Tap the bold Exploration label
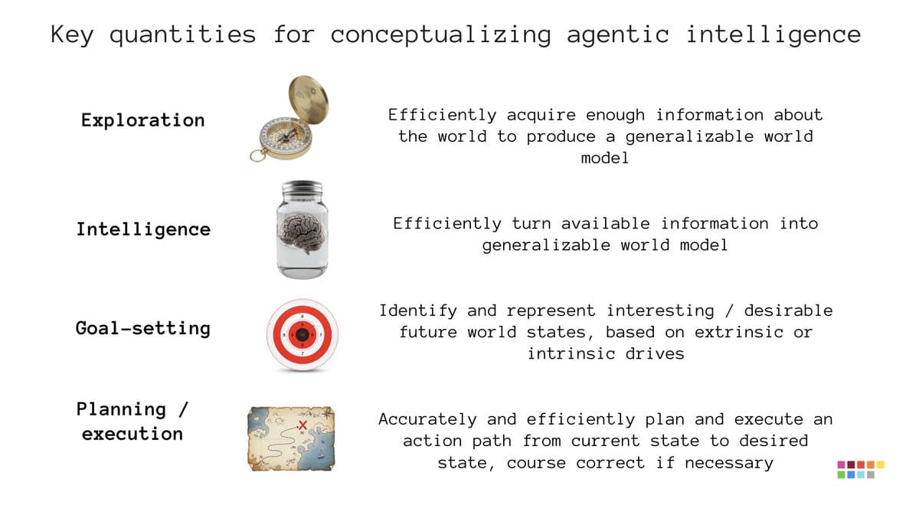(143, 120)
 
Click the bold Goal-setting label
(143, 328)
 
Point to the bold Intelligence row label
(143, 229)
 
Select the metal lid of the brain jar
(302, 189)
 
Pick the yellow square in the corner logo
(880, 464)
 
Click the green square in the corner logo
(842, 475)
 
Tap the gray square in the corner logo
(871, 475)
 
